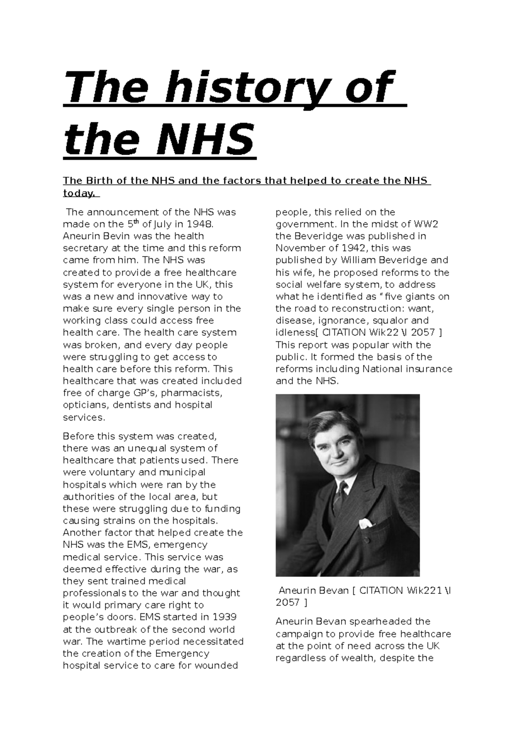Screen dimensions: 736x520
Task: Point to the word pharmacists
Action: click(185, 393)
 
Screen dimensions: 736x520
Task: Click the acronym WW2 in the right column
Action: click(426, 224)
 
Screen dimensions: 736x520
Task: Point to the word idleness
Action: click(295, 333)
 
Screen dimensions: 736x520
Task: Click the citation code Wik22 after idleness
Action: click(383, 333)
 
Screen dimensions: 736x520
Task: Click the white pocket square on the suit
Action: click(365, 523)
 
